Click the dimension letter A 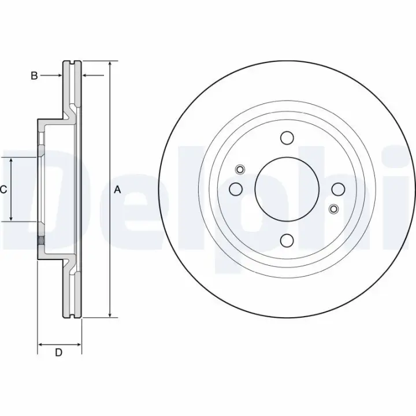[117, 190]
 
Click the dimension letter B [34, 76]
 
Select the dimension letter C [3, 190]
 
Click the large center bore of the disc [287, 189]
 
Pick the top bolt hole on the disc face [287, 138]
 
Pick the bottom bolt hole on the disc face [287, 240]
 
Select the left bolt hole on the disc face [236, 189]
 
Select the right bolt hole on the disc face [338, 189]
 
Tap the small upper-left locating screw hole [240, 169]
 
